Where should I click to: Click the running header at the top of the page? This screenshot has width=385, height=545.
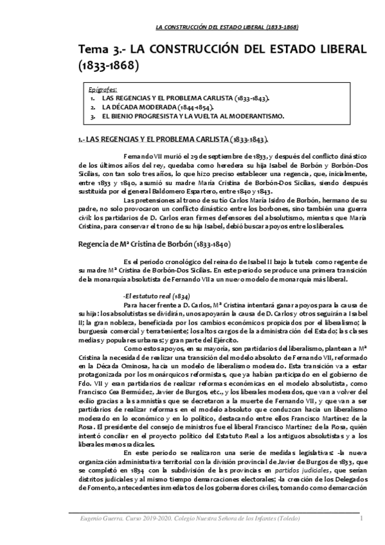(228, 27)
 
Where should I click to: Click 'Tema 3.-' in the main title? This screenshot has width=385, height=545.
(99, 50)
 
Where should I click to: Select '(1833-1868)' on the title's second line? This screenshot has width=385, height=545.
(108, 66)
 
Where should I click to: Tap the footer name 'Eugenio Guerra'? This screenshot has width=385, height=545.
(93, 518)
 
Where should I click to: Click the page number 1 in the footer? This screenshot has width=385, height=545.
(362, 518)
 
